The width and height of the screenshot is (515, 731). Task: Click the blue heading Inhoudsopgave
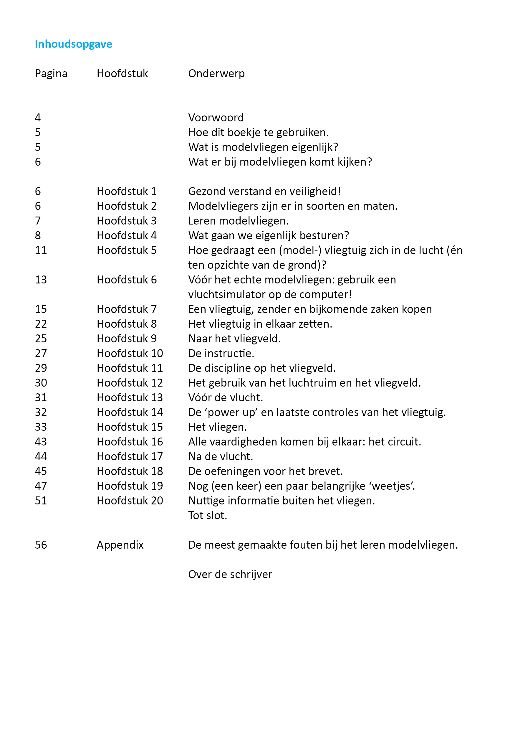[74, 44]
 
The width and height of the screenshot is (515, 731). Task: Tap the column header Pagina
[51, 74]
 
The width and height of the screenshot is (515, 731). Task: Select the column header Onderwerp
[216, 74]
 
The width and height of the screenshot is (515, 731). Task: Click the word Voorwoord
[216, 118]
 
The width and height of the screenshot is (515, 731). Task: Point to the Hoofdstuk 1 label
[127, 191]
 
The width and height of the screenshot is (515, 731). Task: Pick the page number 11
[41, 250]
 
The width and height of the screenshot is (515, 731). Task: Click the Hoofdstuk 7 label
[127, 309]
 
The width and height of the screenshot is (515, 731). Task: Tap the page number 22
[41, 324]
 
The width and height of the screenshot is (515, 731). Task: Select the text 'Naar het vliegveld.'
[234, 339]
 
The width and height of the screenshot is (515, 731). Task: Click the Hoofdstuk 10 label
[130, 353]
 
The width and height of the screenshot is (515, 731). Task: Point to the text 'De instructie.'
[221, 353]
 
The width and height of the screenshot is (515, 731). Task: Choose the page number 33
[41, 427]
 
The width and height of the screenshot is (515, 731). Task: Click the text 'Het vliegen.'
[218, 427]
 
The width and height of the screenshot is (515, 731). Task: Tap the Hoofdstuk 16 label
[130, 442]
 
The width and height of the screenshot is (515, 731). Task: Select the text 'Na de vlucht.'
[221, 457]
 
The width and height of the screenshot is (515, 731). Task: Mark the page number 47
[41, 486]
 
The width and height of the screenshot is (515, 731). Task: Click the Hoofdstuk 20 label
[130, 501]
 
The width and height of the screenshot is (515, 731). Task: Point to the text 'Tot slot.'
[208, 515]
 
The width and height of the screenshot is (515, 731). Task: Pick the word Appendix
[120, 545]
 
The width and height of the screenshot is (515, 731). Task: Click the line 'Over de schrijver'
[230, 574]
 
